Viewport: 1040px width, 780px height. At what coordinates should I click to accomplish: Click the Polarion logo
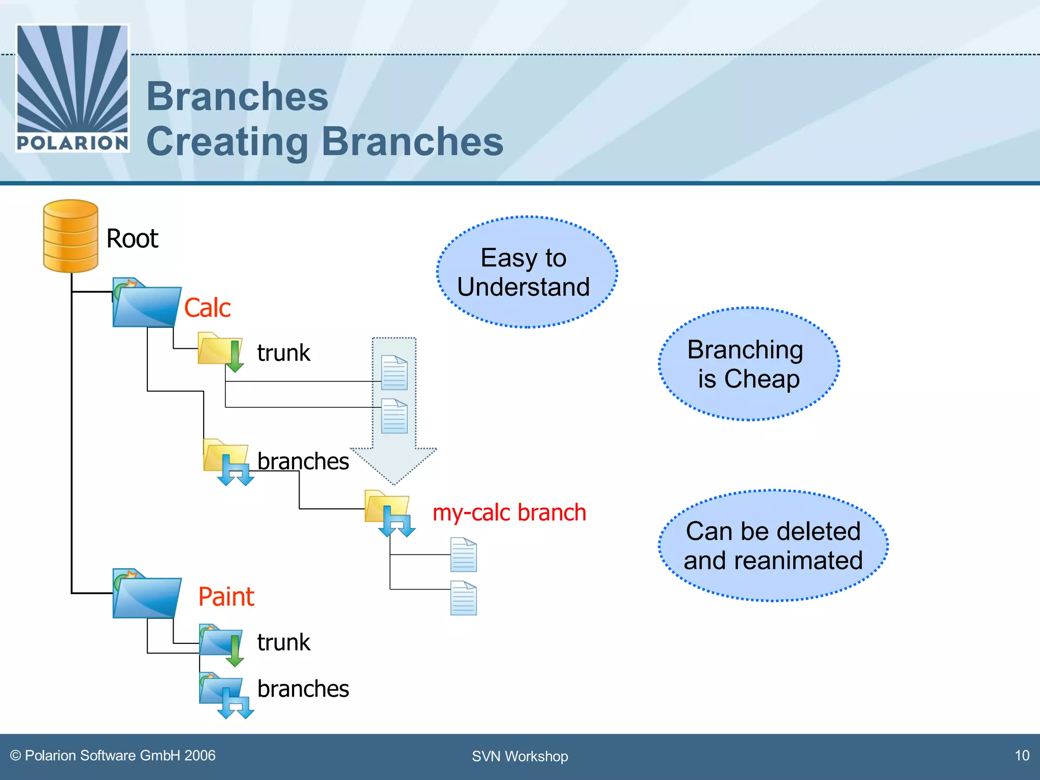pos(73,88)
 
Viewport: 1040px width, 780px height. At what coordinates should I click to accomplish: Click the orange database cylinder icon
pos(71,236)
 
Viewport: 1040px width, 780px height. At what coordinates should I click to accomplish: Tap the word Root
pos(132,239)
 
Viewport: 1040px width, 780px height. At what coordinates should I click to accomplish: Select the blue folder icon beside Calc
pos(146,304)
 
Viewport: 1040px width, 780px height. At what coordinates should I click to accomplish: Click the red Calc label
pos(207,308)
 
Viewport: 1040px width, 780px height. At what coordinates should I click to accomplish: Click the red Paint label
pos(226,597)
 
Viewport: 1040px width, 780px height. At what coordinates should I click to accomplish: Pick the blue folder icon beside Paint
pos(146,594)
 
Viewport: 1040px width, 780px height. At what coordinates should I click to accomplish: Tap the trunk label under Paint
pos(283,642)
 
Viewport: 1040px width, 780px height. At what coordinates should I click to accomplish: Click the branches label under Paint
pos(303,689)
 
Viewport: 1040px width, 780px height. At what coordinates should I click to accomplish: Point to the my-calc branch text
pos(509,512)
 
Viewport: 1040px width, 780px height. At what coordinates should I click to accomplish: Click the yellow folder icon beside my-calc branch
pos(387,510)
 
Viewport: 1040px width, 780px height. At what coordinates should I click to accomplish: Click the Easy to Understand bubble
pos(527,272)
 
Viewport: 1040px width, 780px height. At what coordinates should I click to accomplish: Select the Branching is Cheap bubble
pos(749,364)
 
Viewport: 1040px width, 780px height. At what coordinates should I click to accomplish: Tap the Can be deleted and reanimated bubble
pos(773,546)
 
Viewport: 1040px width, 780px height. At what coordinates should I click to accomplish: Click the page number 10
pos(1022,756)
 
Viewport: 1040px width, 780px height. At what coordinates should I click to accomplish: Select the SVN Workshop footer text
pos(519,756)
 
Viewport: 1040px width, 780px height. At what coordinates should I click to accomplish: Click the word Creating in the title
pos(227,142)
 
